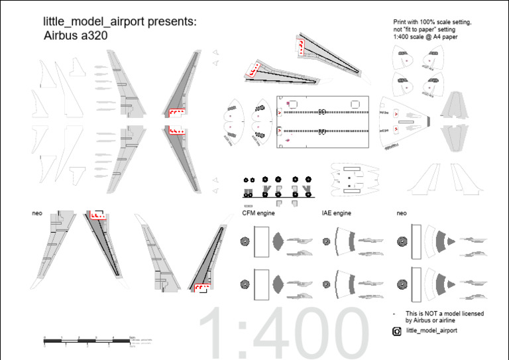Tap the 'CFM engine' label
(258, 213)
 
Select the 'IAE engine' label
(336, 213)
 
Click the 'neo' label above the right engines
(401, 213)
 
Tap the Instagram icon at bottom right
(397, 331)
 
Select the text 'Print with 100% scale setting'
(432, 22)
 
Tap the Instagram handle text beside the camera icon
(431, 331)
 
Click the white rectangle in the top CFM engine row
(261, 241)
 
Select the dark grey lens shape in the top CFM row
(278, 241)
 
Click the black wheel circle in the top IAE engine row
(326, 242)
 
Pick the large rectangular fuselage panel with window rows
(321, 123)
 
